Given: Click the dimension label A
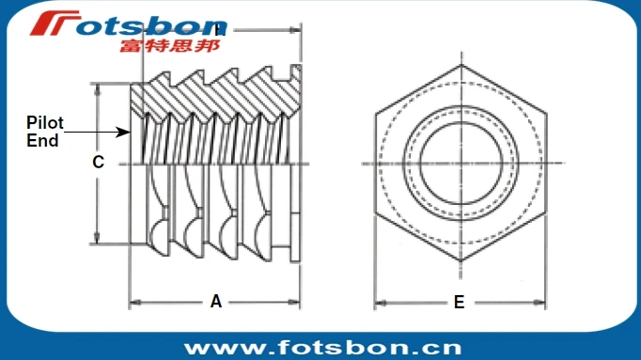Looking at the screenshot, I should pyautogui.click(x=215, y=302).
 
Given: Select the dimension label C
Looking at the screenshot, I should pyautogui.click(x=98, y=162).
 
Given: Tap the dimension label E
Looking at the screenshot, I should pyautogui.click(x=459, y=302).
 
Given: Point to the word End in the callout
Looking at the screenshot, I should pyautogui.click(x=42, y=141).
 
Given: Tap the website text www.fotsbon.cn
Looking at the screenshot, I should pyautogui.click(x=322, y=346).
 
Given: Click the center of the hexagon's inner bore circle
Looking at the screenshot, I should pyautogui.click(x=458, y=165).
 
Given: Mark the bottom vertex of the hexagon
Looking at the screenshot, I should pyautogui.click(x=459, y=261).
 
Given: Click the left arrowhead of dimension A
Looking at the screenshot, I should pyautogui.click(x=133, y=303).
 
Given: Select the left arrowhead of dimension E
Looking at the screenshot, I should pyautogui.click(x=379, y=303).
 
